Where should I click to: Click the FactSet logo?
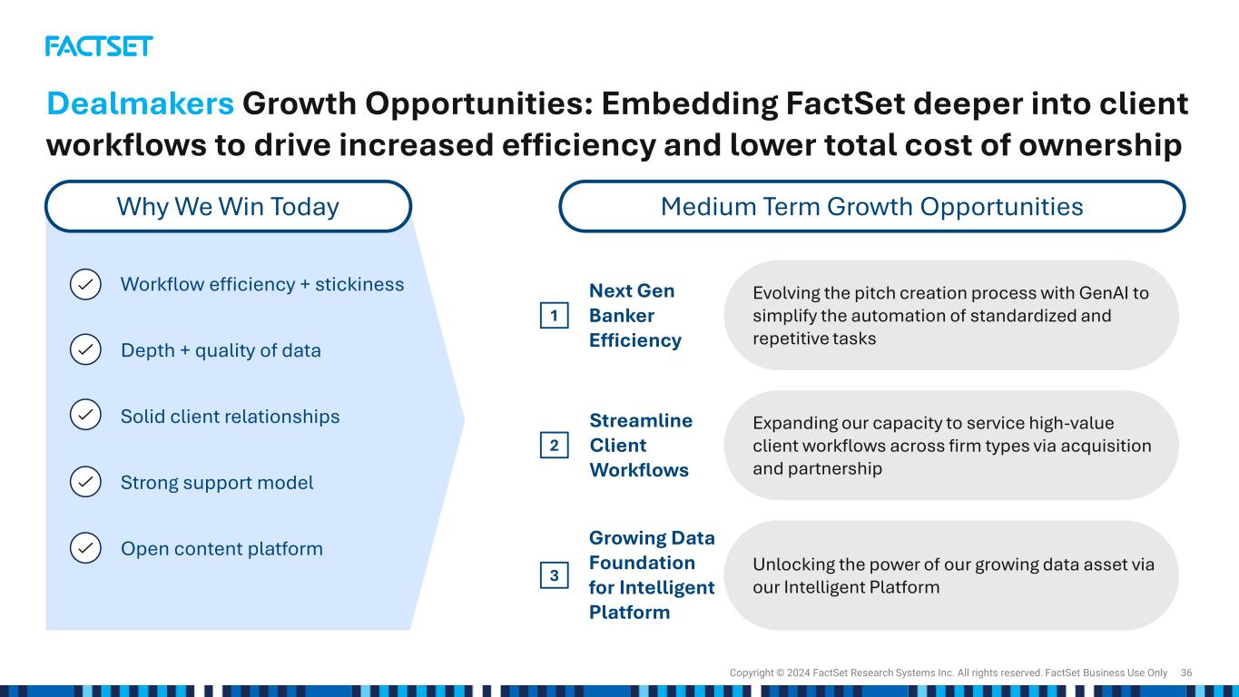coord(99,46)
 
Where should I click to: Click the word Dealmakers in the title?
coord(141,103)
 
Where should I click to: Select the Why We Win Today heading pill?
coord(229,206)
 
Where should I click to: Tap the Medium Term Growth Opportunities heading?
coord(871,206)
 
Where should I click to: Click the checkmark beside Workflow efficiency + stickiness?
coord(85,284)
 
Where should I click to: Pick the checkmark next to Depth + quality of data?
coord(85,349)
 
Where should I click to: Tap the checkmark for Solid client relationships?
coord(85,415)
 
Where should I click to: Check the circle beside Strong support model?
coord(85,482)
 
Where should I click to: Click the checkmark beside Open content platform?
coord(85,547)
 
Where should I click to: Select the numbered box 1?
coord(555,315)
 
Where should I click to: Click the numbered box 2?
coord(555,446)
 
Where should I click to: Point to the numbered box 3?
coord(555,575)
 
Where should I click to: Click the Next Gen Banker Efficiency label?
coord(635,315)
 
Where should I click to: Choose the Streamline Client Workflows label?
coord(641,446)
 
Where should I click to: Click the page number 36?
coord(1186,672)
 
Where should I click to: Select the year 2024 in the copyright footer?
coord(798,672)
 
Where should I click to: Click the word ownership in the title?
coord(1100,145)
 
